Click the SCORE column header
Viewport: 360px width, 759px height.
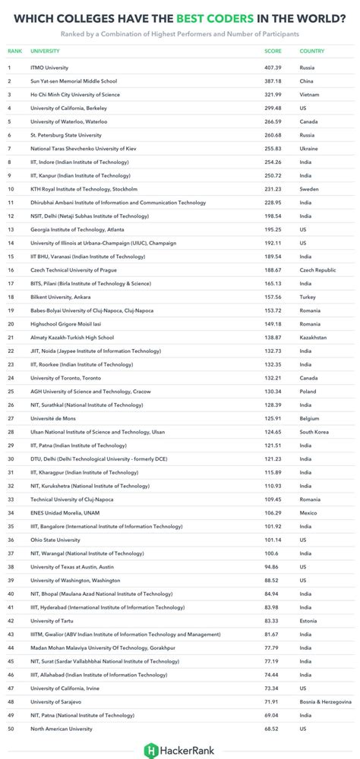(x=272, y=51)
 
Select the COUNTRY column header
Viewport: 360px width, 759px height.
(x=312, y=51)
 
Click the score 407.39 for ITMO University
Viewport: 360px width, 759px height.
(x=273, y=67)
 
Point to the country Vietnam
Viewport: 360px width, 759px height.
(x=310, y=94)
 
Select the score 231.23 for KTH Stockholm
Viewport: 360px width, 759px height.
(x=273, y=189)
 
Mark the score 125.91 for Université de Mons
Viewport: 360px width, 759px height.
(x=273, y=419)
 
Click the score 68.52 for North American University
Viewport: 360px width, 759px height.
(x=272, y=729)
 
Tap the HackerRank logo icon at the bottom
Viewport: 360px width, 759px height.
(x=150, y=749)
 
